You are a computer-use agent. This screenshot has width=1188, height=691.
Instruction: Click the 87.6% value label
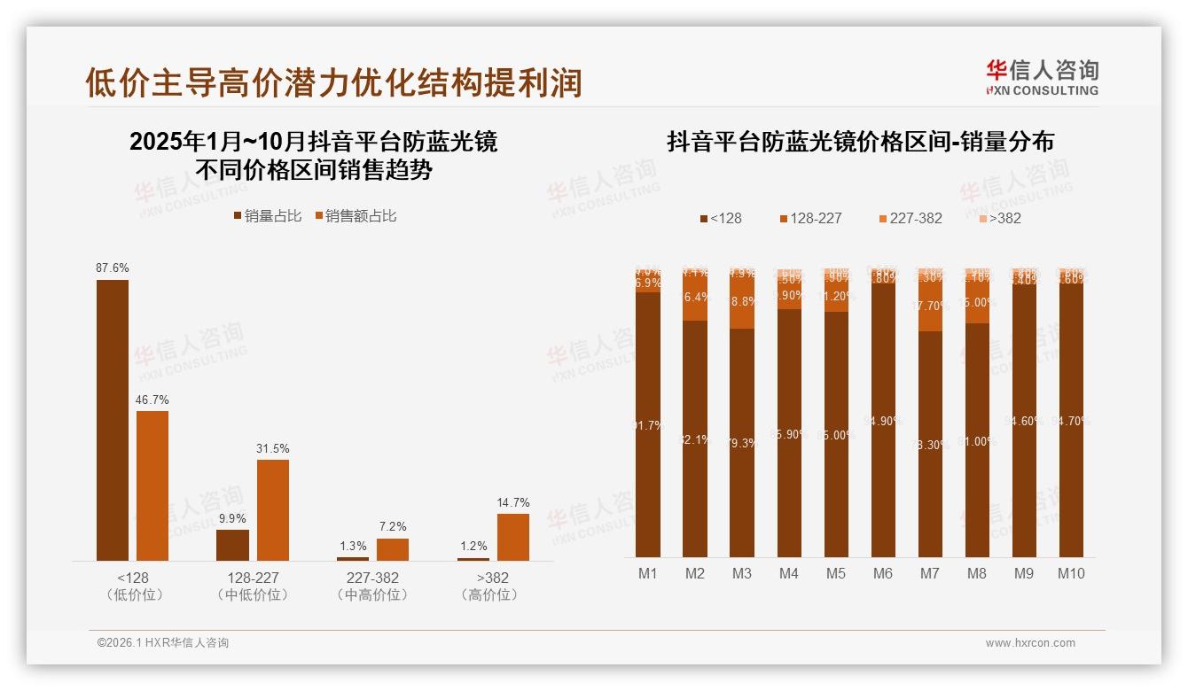click(x=113, y=268)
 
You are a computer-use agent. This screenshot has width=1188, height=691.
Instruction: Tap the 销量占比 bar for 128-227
click(x=232, y=545)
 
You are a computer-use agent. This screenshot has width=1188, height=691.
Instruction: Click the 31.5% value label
click(x=273, y=448)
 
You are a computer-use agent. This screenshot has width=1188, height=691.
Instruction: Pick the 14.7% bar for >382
click(x=512, y=537)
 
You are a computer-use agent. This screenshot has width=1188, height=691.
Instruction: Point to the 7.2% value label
click(x=393, y=527)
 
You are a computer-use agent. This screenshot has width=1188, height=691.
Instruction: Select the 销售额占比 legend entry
click(x=356, y=216)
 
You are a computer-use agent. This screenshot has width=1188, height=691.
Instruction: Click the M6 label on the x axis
click(x=882, y=574)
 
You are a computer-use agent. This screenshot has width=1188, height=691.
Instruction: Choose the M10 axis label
click(x=1070, y=574)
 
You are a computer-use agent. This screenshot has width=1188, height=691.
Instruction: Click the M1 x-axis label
click(x=648, y=574)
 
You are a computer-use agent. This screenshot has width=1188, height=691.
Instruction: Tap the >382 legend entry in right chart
click(x=999, y=218)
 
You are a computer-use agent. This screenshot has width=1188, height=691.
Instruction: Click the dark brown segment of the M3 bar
click(x=741, y=443)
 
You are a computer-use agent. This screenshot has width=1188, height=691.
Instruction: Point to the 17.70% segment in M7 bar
click(x=929, y=306)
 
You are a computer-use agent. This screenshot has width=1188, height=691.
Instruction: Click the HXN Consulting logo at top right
click(x=1042, y=77)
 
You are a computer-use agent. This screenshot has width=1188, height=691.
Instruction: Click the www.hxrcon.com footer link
click(x=1030, y=643)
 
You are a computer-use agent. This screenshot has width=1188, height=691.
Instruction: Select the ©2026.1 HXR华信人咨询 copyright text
click(x=163, y=643)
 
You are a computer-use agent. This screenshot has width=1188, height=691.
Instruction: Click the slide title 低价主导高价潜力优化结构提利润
click(x=333, y=82)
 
